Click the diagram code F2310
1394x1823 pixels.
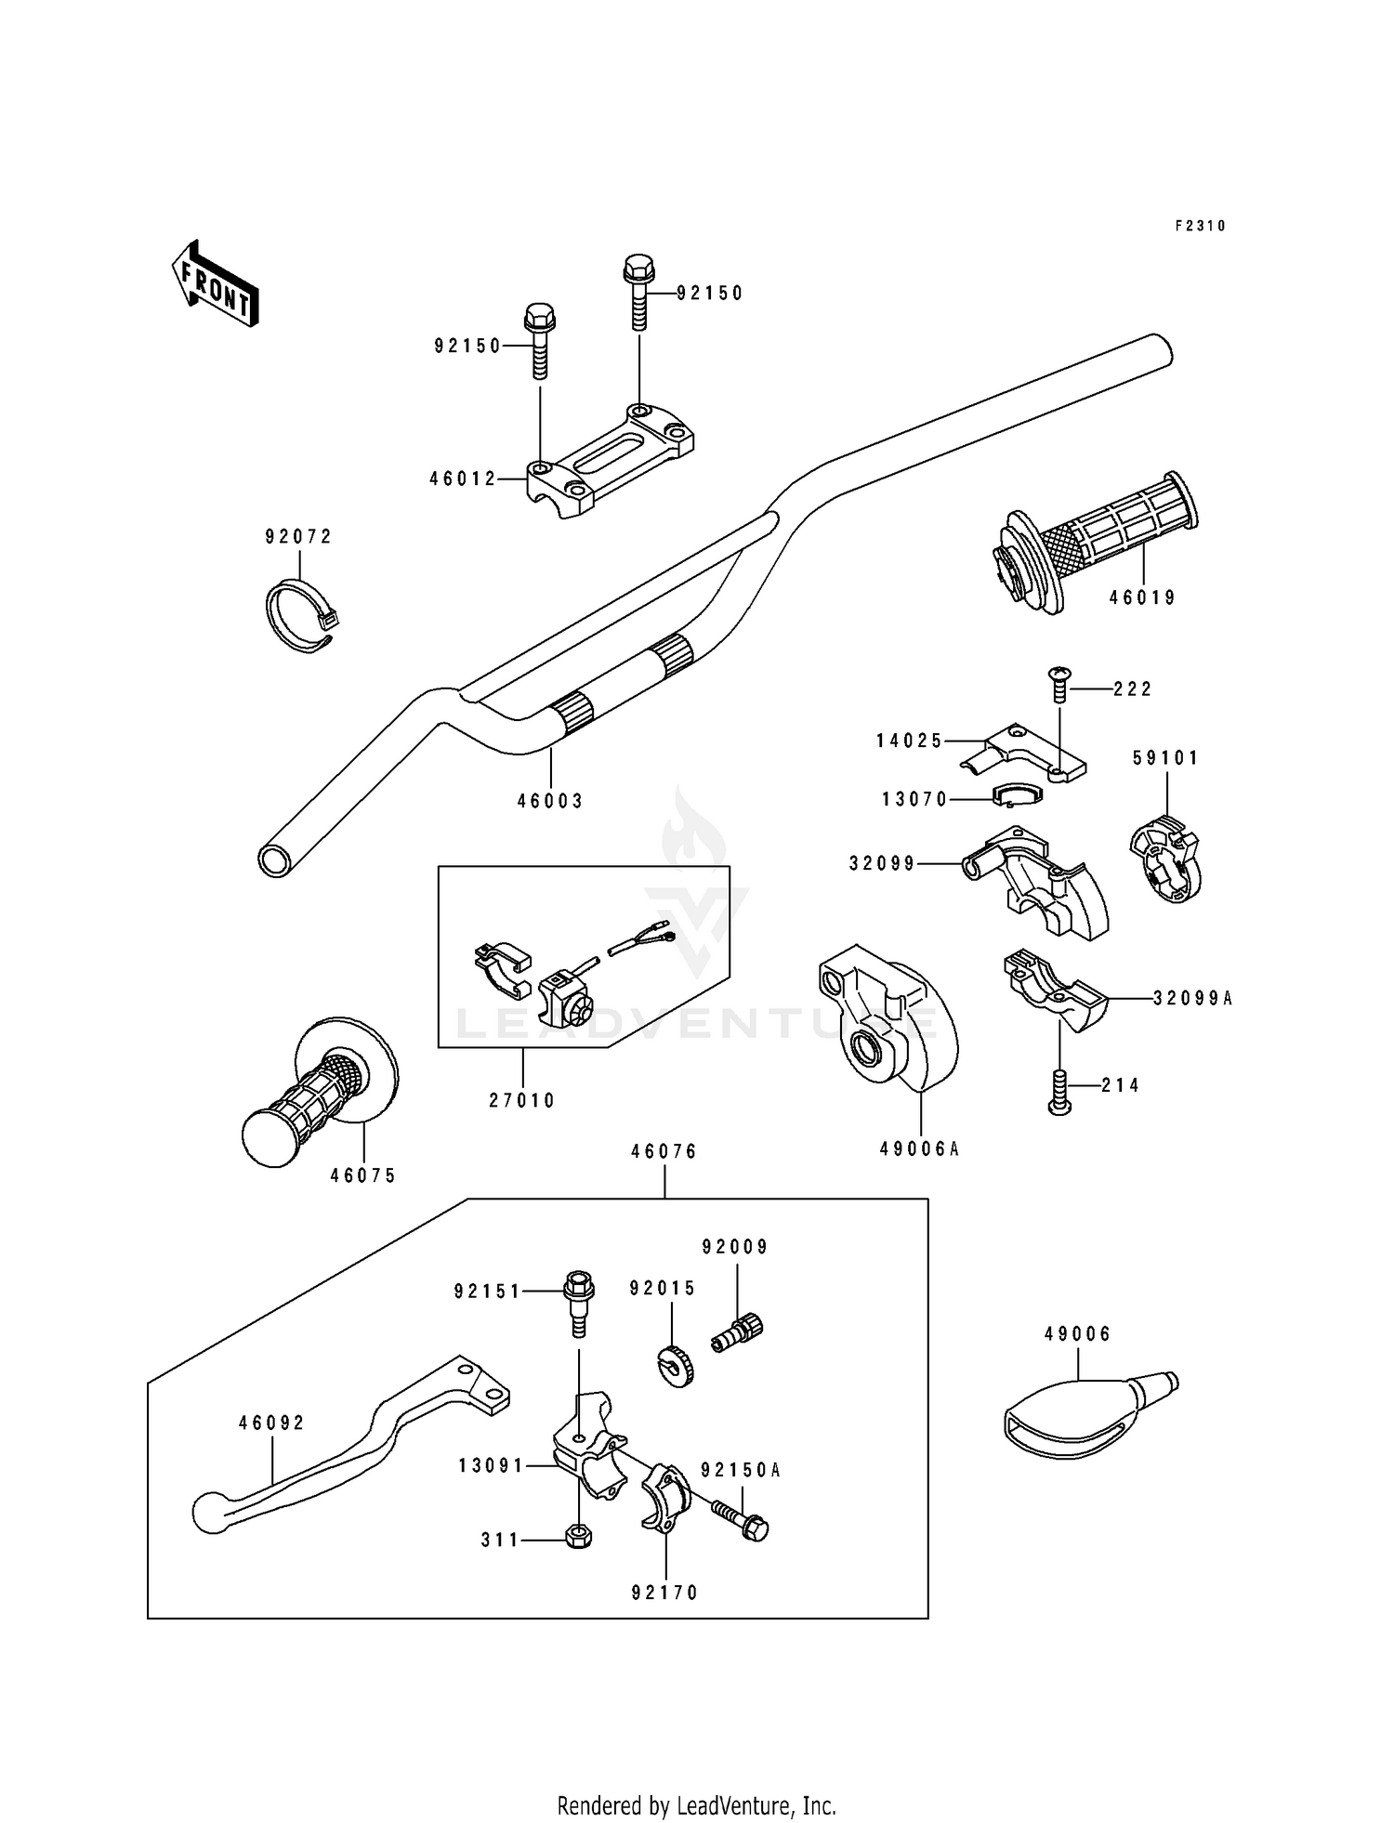click(x=1200, y=226)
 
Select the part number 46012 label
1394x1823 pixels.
click(x=462, y=479)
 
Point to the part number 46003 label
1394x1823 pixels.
click(x=550, y=801)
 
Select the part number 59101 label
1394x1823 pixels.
click(x=1165, y=758)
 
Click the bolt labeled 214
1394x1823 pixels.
click(x=1059, y=1091)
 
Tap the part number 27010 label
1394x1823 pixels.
click(x=522, y=1100)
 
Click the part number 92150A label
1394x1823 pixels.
click(x=741, y=1470)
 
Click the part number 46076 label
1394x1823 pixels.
click(x=664, y=1152)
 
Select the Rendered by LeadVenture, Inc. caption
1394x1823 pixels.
click(x=696, y=1805)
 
